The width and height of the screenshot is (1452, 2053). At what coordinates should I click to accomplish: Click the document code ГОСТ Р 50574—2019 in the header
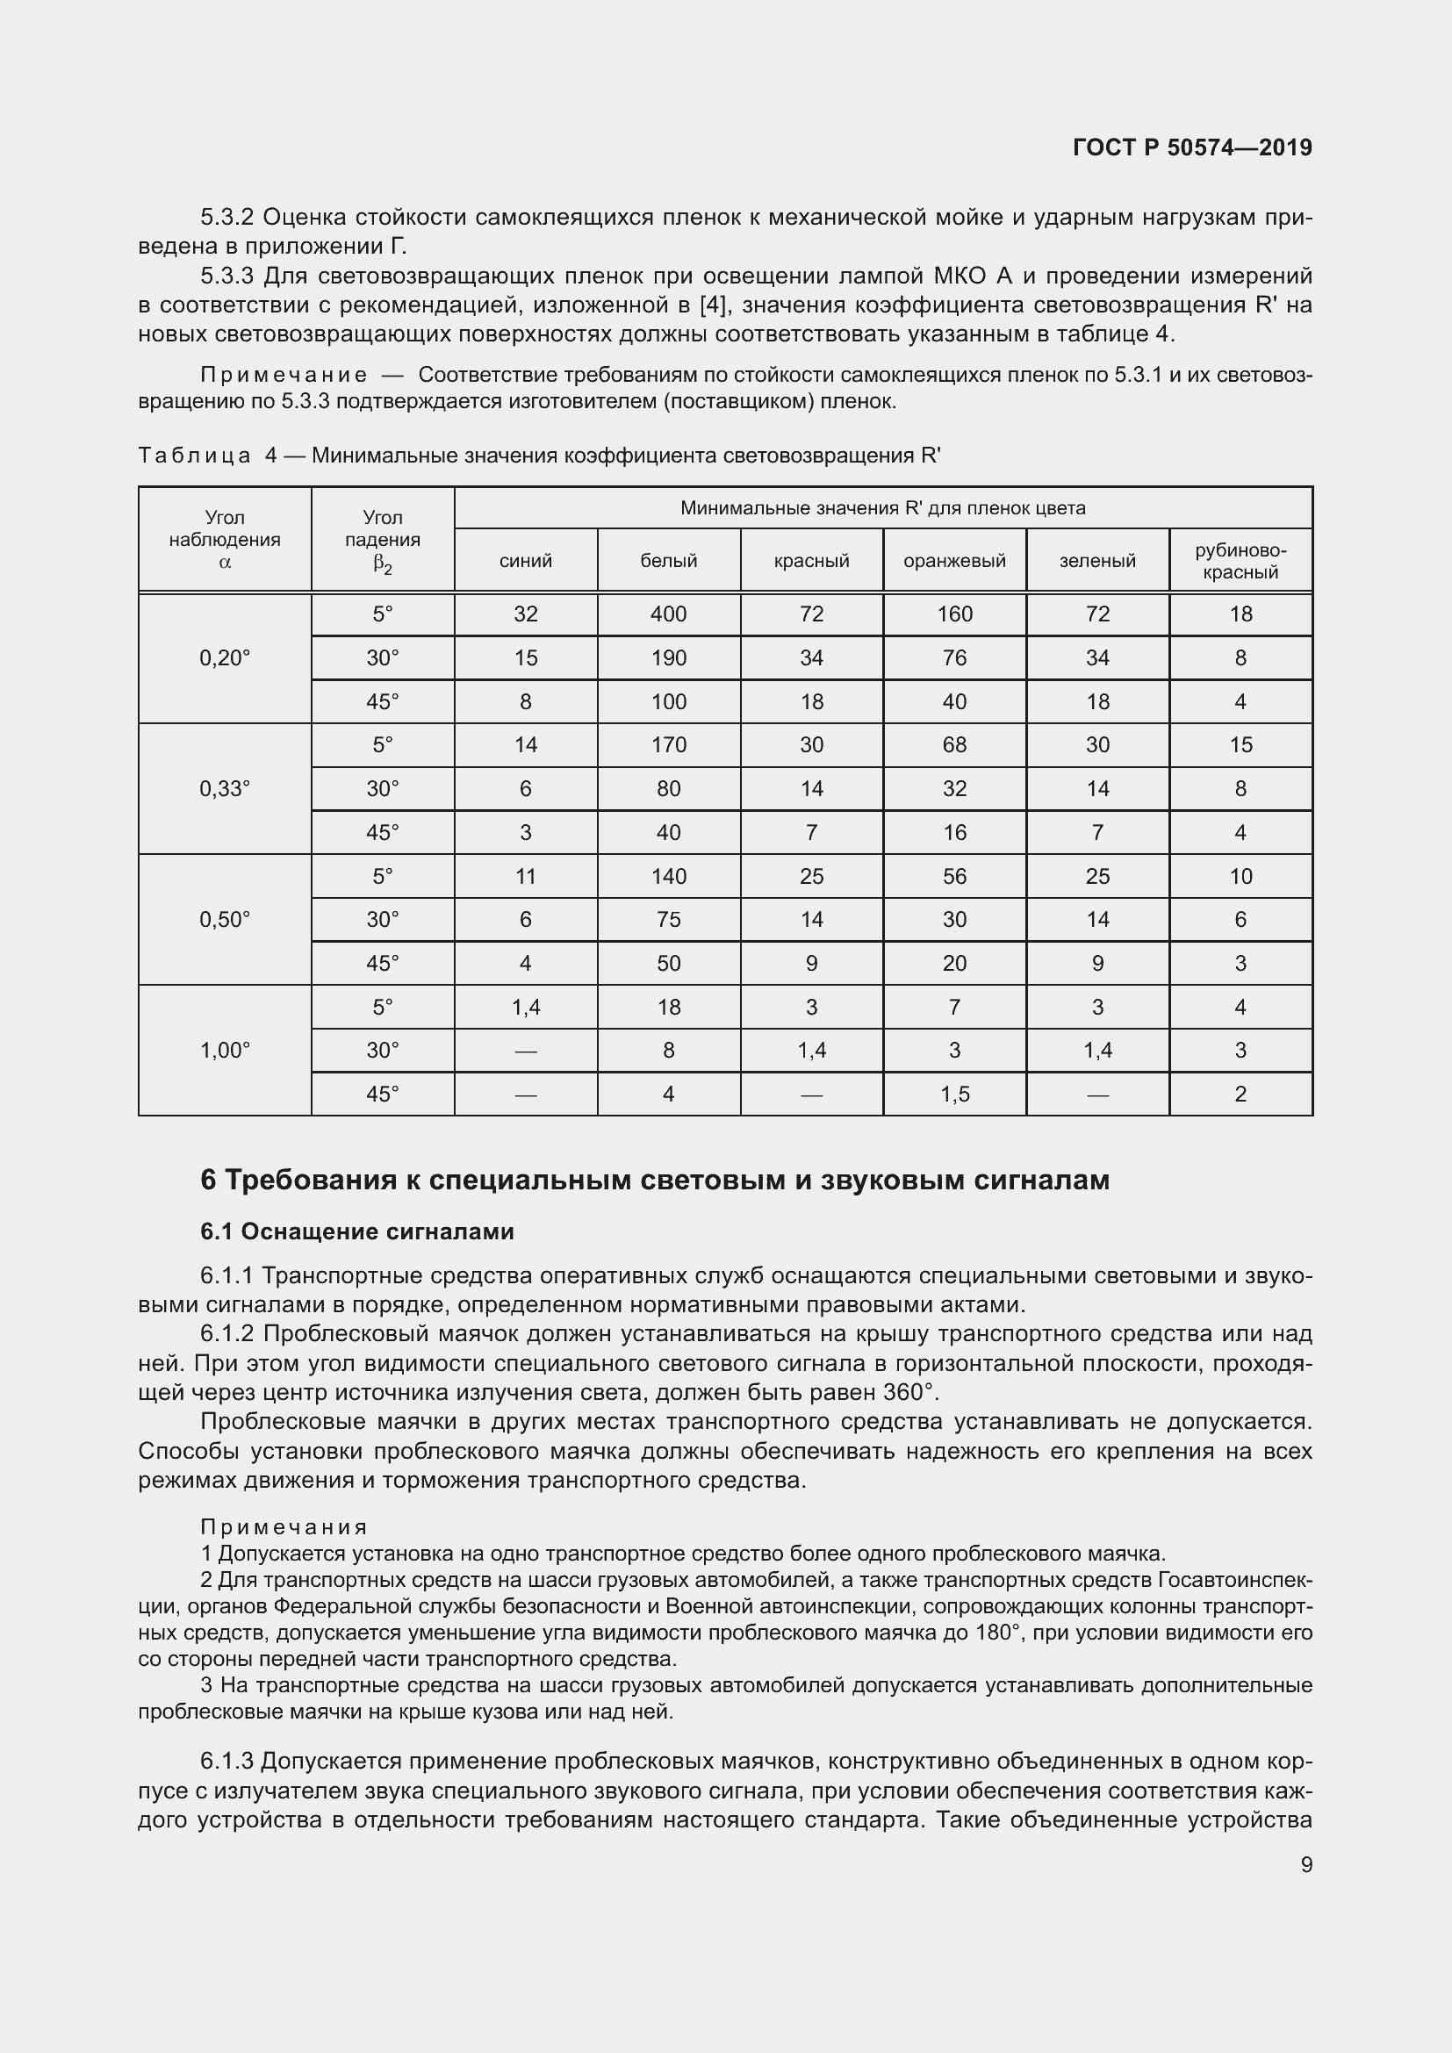tap(1192, 147)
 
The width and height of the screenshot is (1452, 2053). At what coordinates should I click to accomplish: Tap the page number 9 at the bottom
tap(1306, 1864)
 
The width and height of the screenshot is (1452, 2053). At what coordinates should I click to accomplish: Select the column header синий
tap(526, 561)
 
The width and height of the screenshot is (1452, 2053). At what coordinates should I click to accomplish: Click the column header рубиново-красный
tap(1240, 562)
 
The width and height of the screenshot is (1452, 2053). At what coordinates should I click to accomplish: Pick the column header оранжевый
tap(954, 561)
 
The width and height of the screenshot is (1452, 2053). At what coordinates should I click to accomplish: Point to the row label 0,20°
tap(225, 658)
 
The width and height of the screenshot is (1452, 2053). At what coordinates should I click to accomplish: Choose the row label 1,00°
tap(225, 1050)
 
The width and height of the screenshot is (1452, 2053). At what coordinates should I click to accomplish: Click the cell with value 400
tap(669, 614)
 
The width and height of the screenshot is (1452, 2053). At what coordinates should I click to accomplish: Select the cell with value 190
tap(669, 658)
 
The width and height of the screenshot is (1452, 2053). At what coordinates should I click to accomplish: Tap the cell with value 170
tap(669, 745)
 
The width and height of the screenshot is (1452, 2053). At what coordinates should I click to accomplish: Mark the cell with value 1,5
tap(954, 1094)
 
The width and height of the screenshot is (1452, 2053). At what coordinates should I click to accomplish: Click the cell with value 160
tap(954, 614)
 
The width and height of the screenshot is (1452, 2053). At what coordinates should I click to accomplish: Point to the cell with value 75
tap(669, 919)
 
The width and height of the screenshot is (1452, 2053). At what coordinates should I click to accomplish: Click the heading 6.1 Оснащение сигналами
tap(356, 1231)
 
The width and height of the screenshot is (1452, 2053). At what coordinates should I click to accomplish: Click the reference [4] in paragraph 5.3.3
tap(714, 305)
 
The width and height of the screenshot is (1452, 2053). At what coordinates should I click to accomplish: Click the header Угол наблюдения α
tap(225, 539)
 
